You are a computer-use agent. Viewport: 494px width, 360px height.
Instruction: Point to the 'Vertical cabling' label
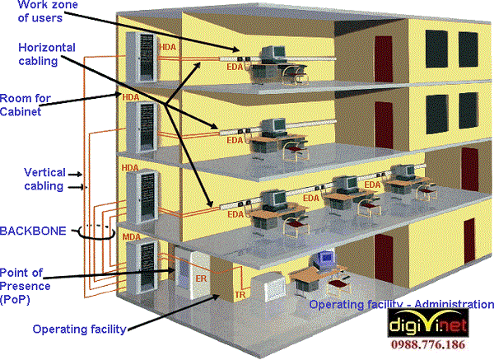click(43, 180)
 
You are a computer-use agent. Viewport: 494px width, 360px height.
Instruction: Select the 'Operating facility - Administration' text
click(401, 304)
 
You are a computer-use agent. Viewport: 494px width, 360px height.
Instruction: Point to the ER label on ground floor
click(199, 278)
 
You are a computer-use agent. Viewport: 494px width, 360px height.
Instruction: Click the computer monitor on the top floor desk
click(272, 54)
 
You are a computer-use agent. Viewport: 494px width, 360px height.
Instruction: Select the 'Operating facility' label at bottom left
click(79, 329)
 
